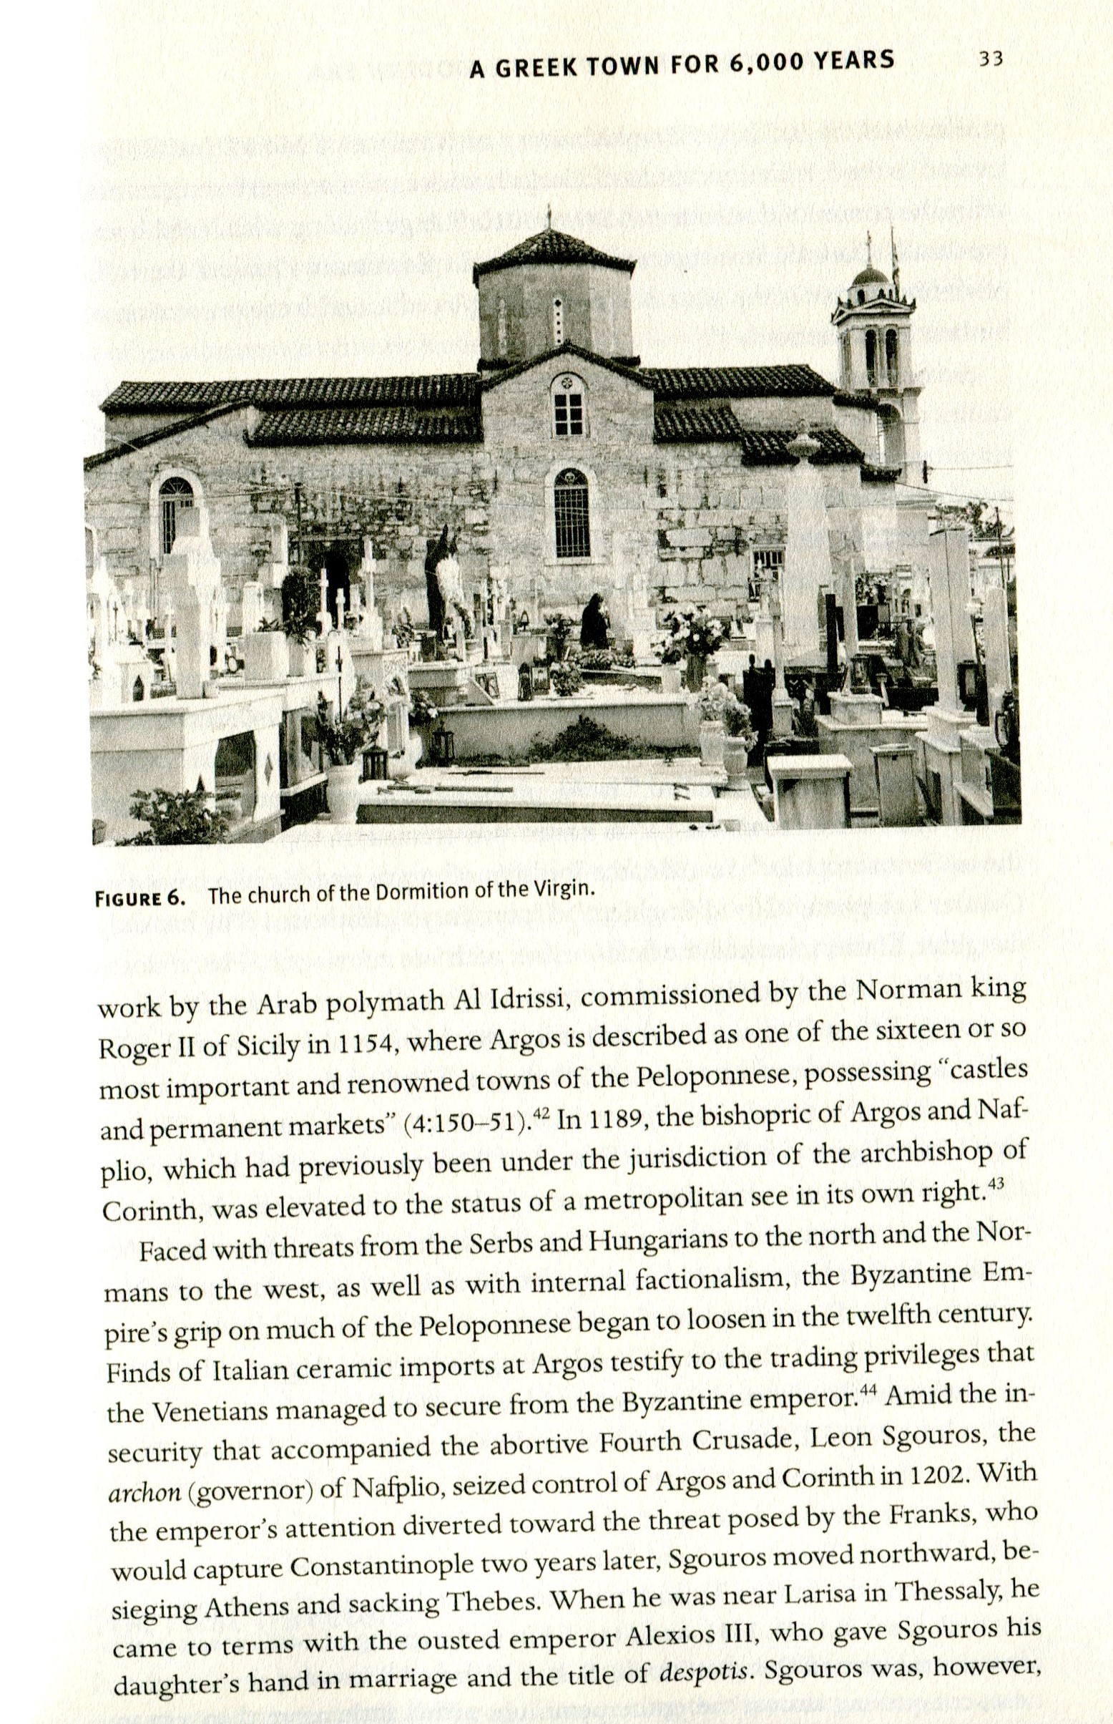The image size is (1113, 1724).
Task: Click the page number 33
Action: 991,59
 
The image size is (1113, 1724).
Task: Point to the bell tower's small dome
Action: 871,276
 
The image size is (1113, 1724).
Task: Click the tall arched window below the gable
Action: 571,512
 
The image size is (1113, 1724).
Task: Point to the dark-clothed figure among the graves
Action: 594,621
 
